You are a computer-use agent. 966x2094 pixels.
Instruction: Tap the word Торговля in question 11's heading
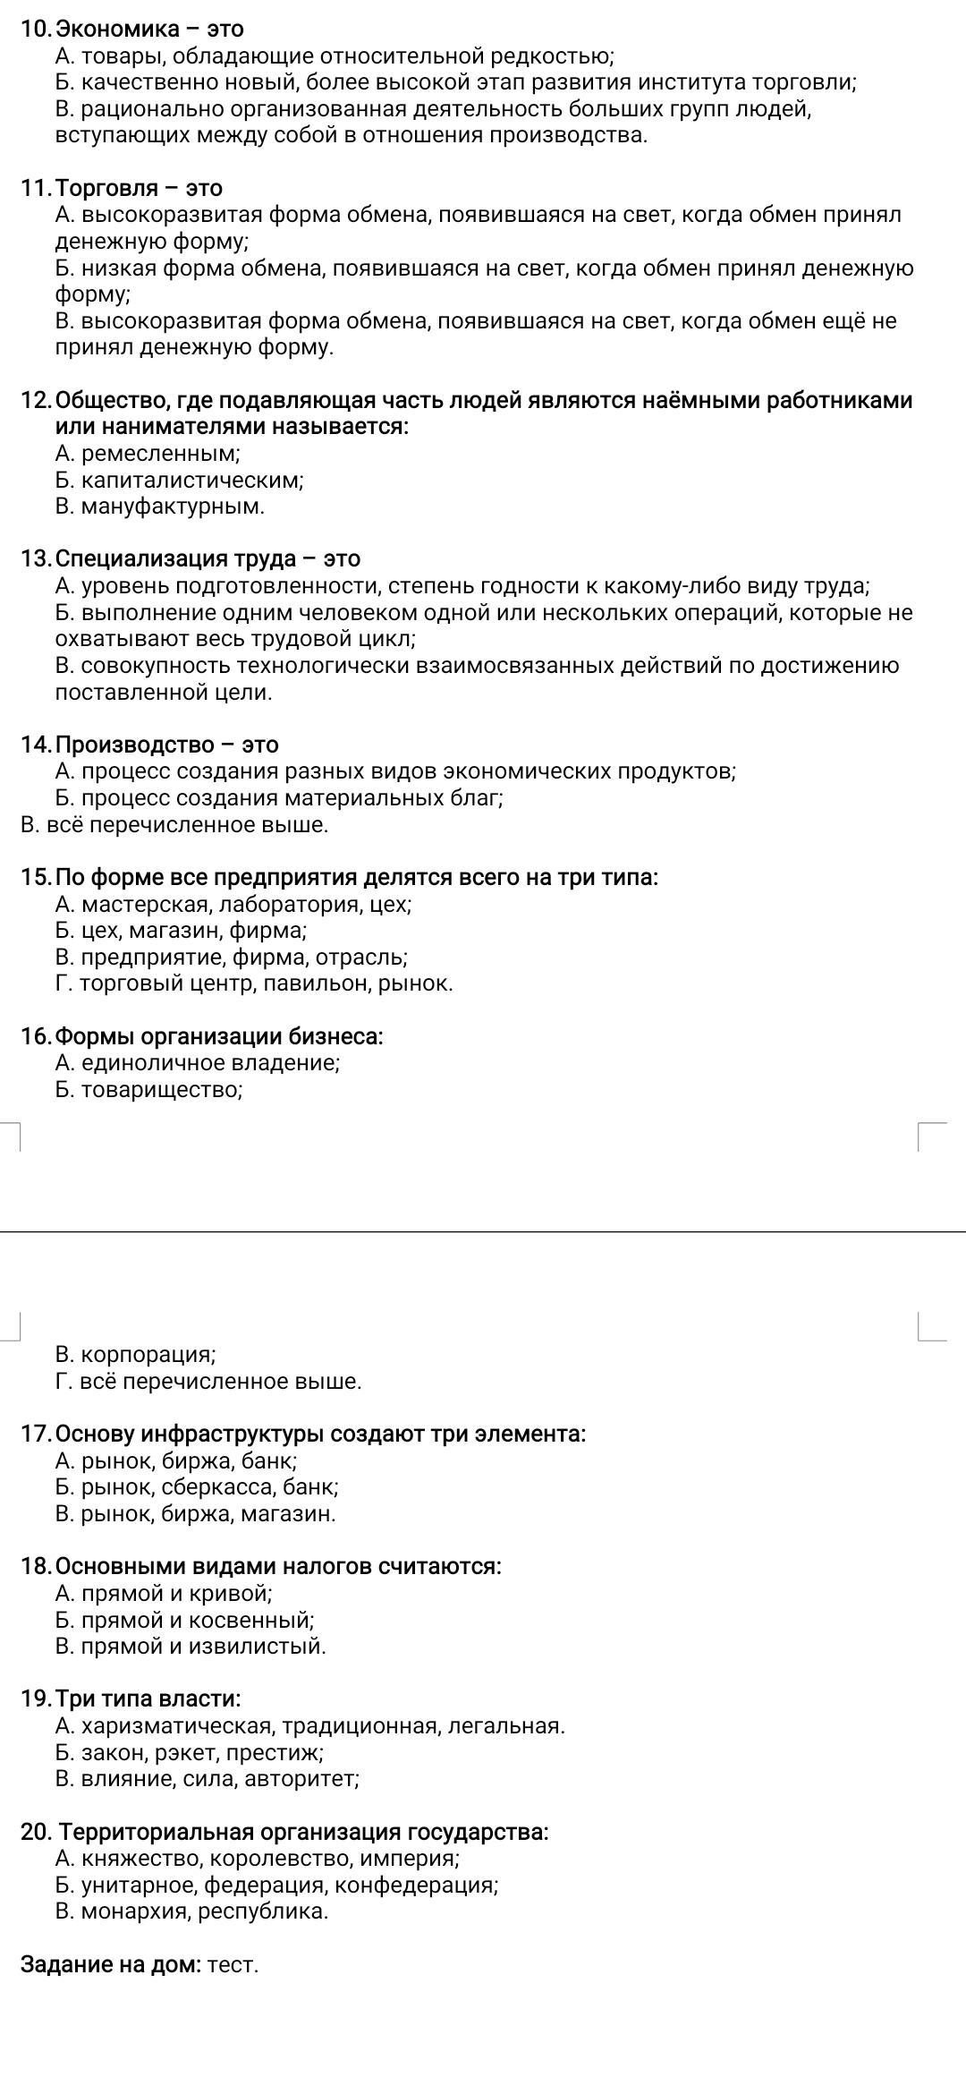coord(107,189)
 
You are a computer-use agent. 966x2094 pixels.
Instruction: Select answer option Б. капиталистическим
coord(179,481)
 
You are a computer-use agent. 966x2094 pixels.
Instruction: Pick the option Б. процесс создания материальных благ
coord(278,797)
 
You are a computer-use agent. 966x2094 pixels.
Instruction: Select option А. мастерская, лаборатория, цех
coord(233,904)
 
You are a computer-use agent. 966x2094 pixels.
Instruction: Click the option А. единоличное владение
coord(197,1063)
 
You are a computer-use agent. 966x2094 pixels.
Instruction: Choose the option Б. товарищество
coord(148,1090)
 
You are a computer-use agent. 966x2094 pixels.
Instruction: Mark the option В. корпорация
coord(135,1354)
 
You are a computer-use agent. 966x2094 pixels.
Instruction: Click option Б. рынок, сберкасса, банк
coord(197,1487)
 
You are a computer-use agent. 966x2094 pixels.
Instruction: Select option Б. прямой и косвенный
coord(184,1620)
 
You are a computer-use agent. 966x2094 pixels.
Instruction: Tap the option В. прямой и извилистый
coord(190,1646)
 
